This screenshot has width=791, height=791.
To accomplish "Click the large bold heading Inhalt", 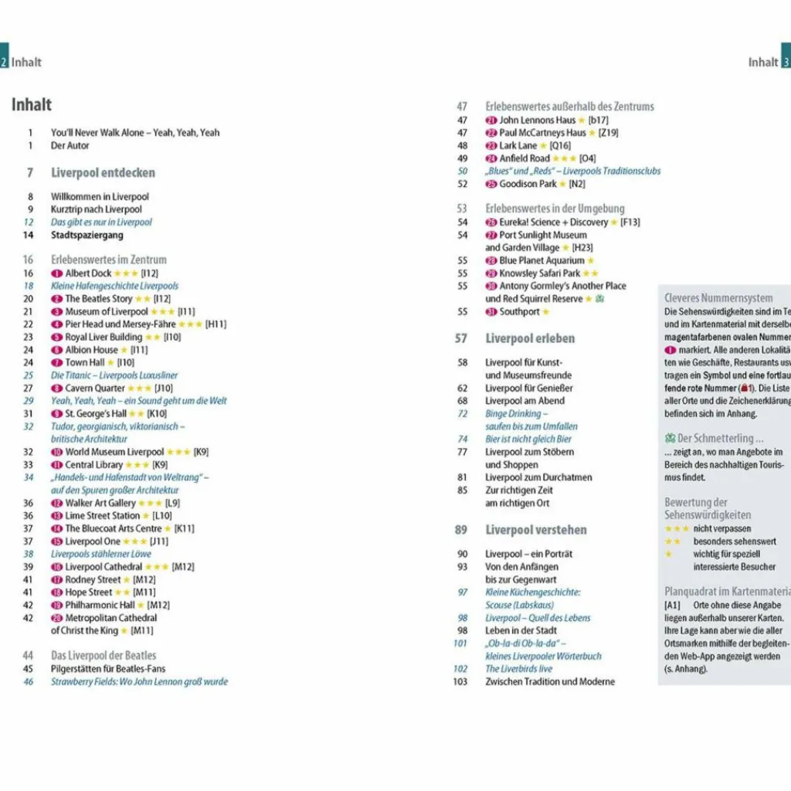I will pyautogui.click(x=32, y=105).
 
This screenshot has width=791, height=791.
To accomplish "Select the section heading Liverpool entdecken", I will pyautogui.click(x=103, y=173).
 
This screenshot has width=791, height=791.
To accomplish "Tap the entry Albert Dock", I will pyautogui.click(x=88, y=273).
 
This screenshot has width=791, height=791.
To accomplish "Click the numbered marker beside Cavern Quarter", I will pyautogui.click(x=56, y=389).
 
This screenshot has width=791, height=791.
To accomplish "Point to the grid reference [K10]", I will pyautogui.click(x=157, y=414).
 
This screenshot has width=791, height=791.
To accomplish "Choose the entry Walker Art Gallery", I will pyautogui.click(x=100, y=503).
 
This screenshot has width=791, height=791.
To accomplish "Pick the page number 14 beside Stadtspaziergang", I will pyautogui.click(x=29, y=235).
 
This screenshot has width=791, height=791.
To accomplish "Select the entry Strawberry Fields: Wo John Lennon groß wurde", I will pyautogui.click(x=139, y=681).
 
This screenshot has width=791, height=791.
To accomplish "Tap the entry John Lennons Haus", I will pyautogui.click(x=537, y=121).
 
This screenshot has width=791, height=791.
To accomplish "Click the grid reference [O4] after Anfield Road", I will pyautogui.click(x=587, y=158).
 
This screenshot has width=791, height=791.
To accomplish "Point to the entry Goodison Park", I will pyautogui.click(x=528, y=184).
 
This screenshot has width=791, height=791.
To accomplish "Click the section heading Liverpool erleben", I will pyautogui.click(x=530, y=338).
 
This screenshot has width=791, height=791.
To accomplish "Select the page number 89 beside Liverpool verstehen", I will pyautogui.click(x=461, y=530).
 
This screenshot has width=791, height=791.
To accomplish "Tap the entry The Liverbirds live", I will pyautogui.click(x=518, y=669).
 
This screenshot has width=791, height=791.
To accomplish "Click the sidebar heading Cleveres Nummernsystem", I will pyautogui.click(x=718, y=298).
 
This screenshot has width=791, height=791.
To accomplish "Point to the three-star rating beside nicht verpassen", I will pyautogui.click(x=677, y=529).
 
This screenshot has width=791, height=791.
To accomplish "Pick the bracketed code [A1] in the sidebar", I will pyautogui.click(x=672, y=606).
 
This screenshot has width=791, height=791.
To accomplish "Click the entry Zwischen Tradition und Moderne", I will pyautogui.click(x=550, y=682).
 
